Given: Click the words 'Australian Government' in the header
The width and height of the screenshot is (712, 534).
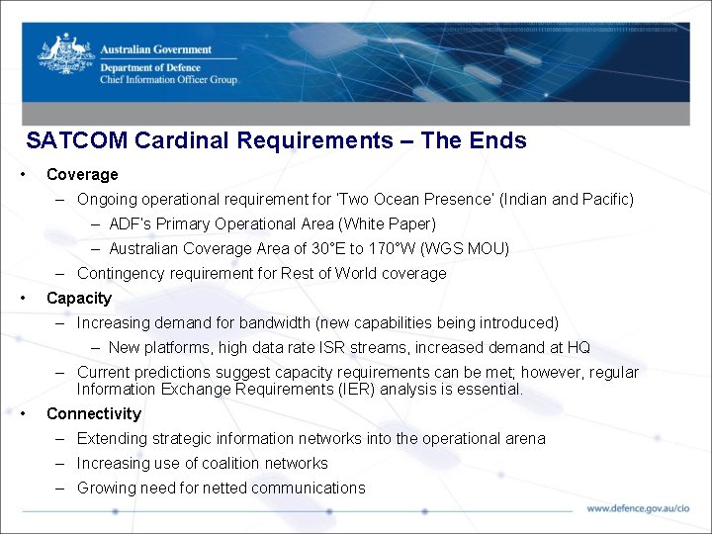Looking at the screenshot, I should tap(155, 49).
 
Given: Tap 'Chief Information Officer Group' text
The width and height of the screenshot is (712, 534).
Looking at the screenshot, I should tap(168, 79).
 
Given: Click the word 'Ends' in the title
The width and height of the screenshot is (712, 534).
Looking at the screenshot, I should tap(499, 140).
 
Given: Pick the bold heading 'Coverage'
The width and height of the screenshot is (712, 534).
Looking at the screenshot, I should tap(82, 175).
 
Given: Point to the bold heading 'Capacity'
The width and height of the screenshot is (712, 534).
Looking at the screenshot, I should tap(79, 299).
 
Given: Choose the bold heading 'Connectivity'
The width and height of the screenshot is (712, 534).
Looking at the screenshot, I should tap(94, 414).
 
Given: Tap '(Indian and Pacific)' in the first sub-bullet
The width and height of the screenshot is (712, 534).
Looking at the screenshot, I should tap(567, 200).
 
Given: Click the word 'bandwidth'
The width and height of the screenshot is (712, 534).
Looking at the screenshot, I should tap(265, 323).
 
